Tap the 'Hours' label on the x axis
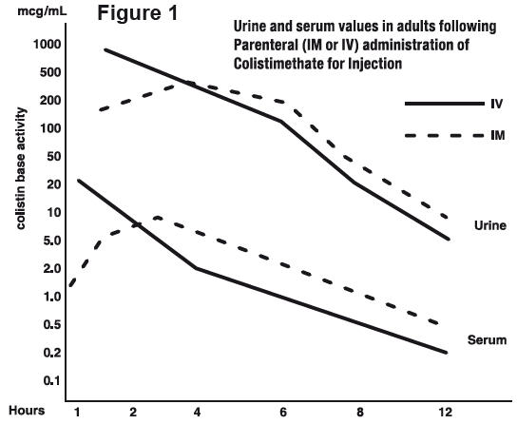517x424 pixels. (x=27, y=412)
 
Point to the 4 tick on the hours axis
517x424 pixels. (x=196, y=412)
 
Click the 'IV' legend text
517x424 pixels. (x=496, y=104)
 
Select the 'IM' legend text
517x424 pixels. (x=496, y=136)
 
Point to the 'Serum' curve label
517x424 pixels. (x=488, y=339)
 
